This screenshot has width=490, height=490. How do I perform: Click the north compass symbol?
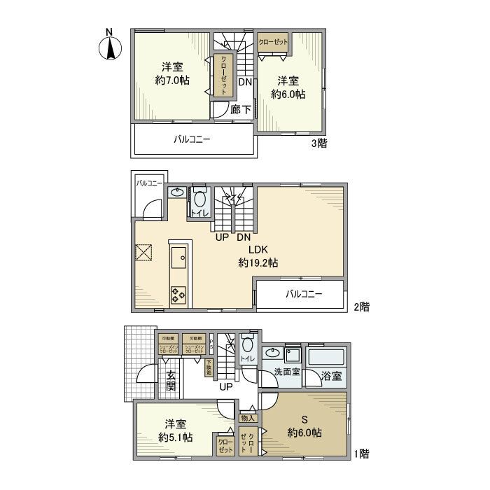click(x=110, y=45)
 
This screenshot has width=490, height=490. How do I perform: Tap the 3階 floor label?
click(x=320, y=143)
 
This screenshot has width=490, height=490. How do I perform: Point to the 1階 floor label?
click(x=360, y=454)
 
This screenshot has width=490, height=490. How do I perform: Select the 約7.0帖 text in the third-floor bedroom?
click(x=172, y=80)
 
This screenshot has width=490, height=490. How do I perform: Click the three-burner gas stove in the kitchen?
click(x=178, y=295)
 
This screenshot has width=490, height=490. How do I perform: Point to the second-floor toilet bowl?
click(x=199, y=199)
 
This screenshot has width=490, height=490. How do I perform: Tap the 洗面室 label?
click(x=287, y=372)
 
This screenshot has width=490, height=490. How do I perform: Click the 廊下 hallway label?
click(x=240, y=109)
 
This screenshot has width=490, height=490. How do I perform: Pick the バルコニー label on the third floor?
click(x=192, y=139)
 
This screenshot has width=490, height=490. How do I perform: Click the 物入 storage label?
click(x=248, y=418)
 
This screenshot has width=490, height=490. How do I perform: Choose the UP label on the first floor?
click(x=227, y=386)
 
